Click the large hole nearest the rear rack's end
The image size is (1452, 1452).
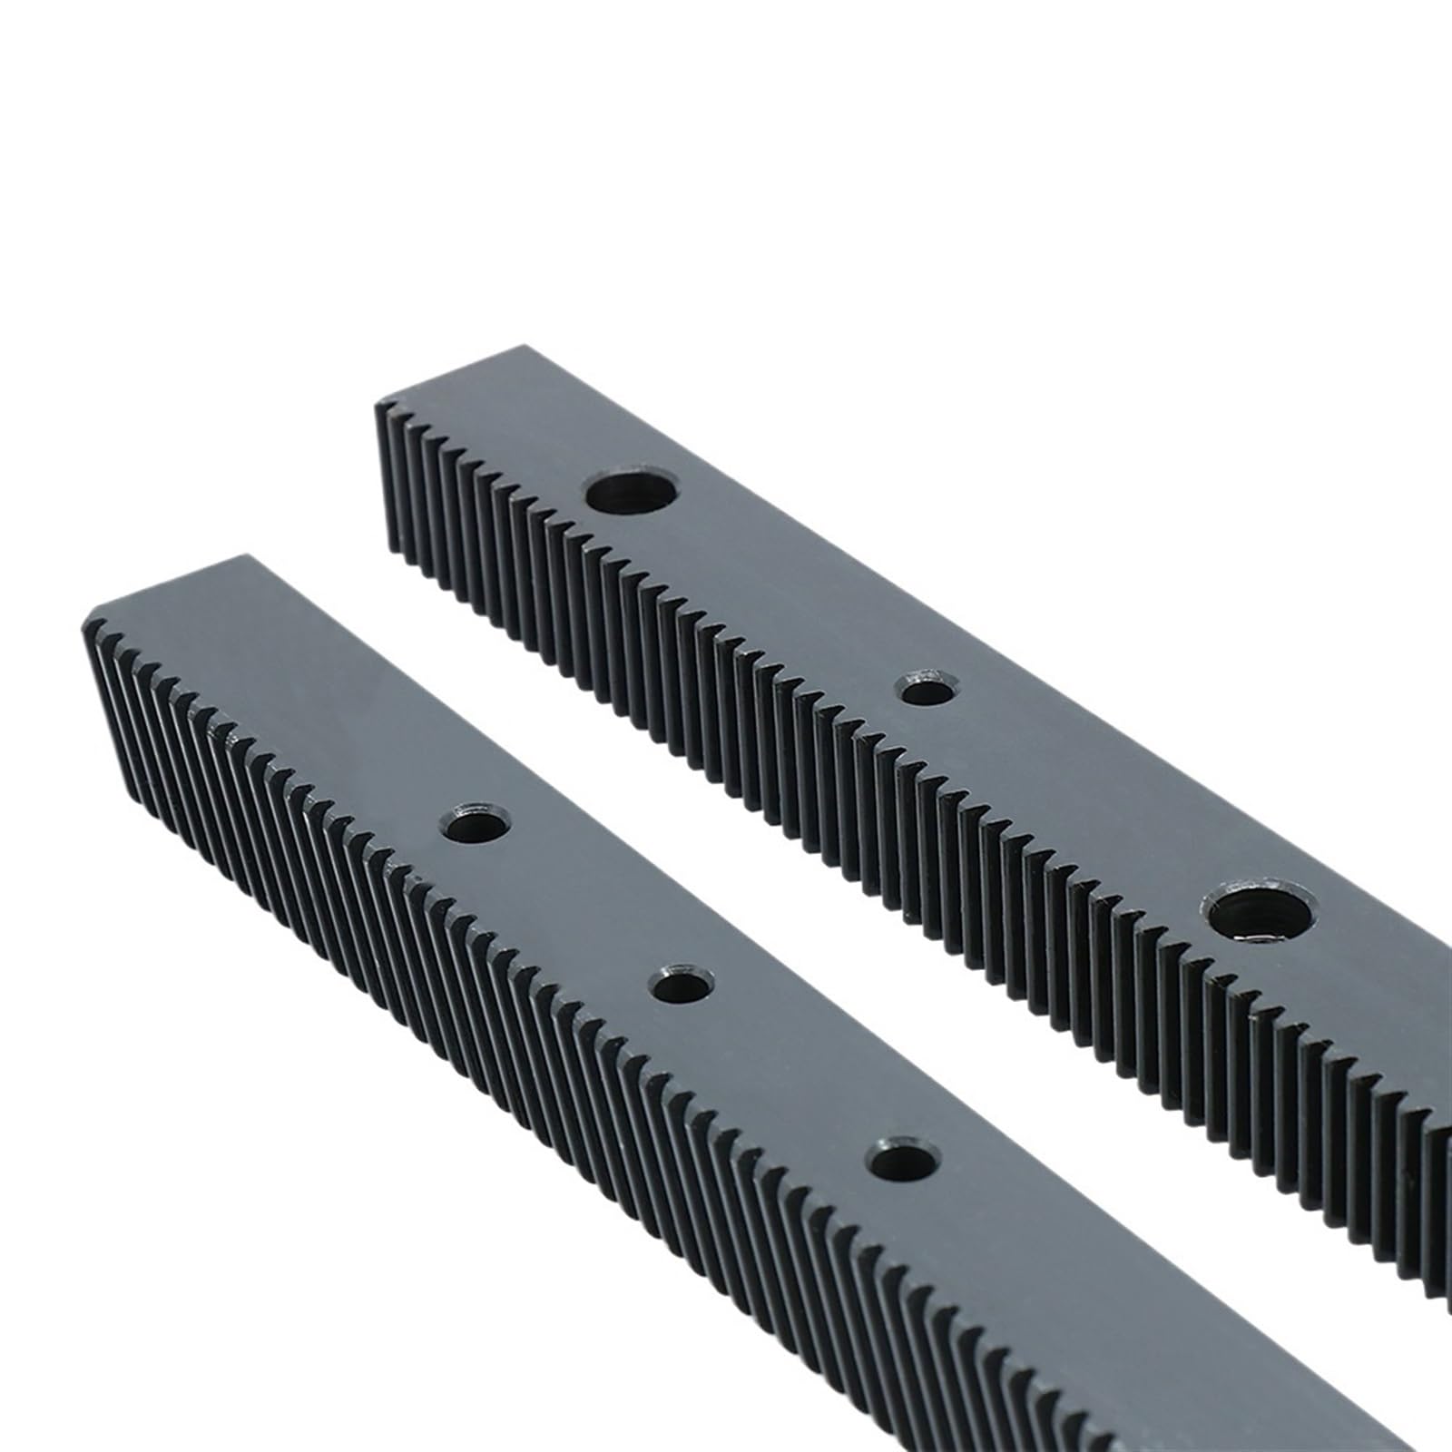632,494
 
